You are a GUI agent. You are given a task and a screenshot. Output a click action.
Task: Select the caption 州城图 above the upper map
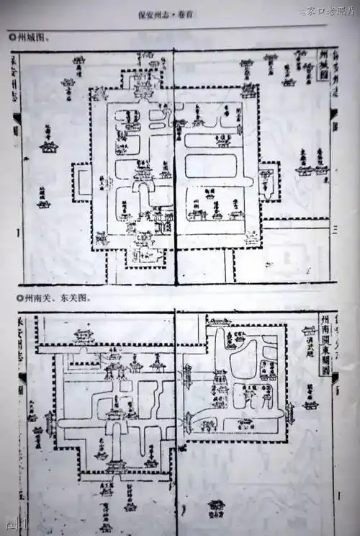tap(33, 37)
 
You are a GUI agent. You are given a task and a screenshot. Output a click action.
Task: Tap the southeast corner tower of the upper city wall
tap(251, 238)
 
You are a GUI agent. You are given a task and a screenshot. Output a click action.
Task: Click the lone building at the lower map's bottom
tap(215, 506)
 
